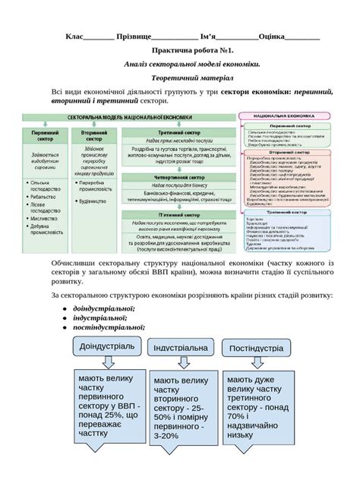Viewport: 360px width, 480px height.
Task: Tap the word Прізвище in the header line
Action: click(x=134, y=36)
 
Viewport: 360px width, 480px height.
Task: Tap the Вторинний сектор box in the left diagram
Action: click(x=94, y=136)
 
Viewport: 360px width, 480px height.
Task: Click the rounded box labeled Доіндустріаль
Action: click(x=105, y=346)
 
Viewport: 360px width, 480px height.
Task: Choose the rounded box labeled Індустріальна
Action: click(x=179, y=348)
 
